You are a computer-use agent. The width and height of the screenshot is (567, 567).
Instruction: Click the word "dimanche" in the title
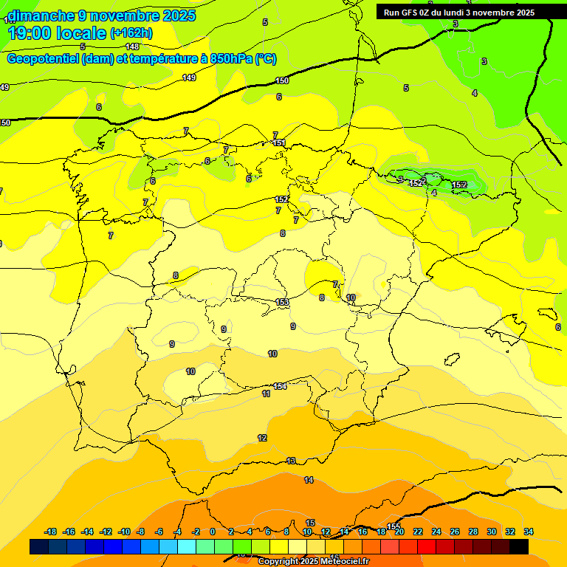click(40, 16)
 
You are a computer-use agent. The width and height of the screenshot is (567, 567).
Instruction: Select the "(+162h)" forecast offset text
click(131, 32)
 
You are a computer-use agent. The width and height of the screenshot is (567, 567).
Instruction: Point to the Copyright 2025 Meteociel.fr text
click(313, 562)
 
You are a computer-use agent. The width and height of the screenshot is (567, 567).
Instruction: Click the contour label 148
click(132, 47)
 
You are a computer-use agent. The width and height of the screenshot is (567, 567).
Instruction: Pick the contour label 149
click(189, 78)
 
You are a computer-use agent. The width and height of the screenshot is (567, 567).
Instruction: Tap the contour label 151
click(279, 143)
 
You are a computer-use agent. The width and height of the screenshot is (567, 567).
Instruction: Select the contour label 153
click(282, 302)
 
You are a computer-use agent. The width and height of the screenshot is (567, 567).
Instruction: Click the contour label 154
click(280, 386)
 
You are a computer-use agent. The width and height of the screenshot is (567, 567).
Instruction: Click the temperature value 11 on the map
click(266, 394)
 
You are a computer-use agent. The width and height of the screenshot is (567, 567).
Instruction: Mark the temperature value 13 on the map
click(291, 461)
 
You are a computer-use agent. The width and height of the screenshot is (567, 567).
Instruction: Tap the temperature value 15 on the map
click(311, 523)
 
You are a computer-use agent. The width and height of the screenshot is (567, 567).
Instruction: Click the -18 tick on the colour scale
click(51, 532)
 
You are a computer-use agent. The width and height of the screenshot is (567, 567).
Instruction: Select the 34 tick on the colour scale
click(529, 532)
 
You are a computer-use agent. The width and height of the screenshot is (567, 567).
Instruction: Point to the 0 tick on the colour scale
click(213, 532)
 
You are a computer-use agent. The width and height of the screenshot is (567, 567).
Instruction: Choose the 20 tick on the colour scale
click(399, 532)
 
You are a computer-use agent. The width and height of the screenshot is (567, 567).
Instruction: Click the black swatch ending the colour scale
click(519, 546)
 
